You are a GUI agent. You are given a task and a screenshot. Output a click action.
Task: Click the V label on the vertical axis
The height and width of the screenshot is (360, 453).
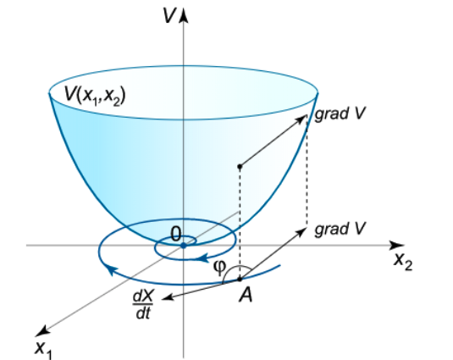coord(168,15)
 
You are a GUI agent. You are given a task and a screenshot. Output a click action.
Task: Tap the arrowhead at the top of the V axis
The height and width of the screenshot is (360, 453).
coord(184,15)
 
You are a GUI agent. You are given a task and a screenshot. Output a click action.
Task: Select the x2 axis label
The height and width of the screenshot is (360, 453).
coord(403,262)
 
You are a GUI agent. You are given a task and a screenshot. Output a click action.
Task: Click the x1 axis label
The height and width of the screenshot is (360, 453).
coord(43,349)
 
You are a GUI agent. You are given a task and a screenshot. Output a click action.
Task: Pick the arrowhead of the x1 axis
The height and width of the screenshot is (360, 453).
coord(41,331)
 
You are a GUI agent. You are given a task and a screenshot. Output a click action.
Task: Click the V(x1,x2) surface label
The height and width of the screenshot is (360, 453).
coord(95,96)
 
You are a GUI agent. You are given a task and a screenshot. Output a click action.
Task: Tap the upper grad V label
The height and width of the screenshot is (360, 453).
coord(340,114)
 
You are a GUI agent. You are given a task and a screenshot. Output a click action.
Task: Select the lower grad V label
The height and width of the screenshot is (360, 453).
coord(340,229)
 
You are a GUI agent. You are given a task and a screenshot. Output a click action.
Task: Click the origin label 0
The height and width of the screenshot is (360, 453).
coord(176,234)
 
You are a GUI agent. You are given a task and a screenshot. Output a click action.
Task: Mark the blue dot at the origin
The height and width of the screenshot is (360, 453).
coord(184,246)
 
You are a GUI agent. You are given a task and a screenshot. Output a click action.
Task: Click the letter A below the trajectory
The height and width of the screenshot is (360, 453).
coord(246,295)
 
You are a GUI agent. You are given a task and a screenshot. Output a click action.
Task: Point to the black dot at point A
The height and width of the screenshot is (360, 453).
coord(240,280)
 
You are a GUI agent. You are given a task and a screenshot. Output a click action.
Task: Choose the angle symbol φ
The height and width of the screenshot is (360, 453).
coord(219,268)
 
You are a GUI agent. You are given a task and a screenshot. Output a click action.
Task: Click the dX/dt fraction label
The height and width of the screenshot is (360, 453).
coord(143,305)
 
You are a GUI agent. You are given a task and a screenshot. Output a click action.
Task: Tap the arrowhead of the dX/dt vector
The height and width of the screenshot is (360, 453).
coord(168,297)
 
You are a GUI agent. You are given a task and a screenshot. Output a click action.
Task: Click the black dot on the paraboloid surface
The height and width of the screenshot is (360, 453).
coord(240,166)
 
